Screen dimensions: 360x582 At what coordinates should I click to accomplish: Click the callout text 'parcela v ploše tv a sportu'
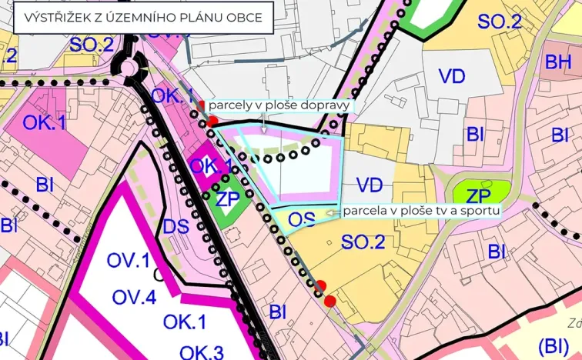[422, 209]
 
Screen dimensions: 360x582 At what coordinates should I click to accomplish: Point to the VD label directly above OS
[370, 185]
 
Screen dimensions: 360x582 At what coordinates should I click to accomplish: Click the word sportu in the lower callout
[481, 209]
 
